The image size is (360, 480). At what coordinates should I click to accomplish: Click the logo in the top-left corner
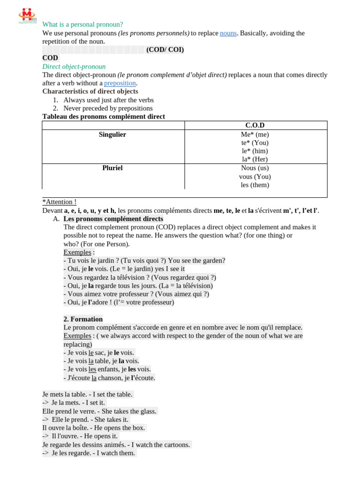coord(27,15)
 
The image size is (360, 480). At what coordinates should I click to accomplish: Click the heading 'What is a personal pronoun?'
coord(82,24)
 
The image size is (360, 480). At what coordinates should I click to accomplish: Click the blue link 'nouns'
coord(228,33)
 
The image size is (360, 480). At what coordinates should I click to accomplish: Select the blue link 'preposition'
coord(120,83)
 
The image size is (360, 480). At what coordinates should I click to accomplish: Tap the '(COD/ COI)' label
coord(165,50)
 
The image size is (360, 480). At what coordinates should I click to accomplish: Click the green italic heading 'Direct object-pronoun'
coord(74,67)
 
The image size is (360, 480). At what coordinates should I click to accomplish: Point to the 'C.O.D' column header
coord(255,125)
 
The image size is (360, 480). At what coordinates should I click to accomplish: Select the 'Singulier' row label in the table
coord(112,135)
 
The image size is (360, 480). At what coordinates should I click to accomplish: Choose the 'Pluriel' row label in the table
coord(112,168)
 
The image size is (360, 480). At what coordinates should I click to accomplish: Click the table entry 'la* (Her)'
coord(255,159)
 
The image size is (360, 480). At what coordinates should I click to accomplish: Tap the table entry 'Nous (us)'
coord(255,168)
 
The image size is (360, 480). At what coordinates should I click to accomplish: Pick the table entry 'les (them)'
coord(255,185)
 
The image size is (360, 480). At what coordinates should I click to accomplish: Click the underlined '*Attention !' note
coord(60,202)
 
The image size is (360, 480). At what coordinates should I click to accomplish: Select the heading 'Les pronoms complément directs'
coord(113,218)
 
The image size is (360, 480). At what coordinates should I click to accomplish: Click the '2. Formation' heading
coord(83,319)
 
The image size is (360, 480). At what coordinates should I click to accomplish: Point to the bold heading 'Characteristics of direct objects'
coord(90,91)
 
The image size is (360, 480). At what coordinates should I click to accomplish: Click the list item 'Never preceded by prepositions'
coord(108,108)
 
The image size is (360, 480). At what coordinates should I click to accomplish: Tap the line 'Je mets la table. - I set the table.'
coord(88,394)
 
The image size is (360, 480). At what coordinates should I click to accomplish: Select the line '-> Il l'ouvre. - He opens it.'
coord(80,436)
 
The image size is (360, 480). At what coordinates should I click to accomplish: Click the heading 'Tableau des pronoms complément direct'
coord(104,116)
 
